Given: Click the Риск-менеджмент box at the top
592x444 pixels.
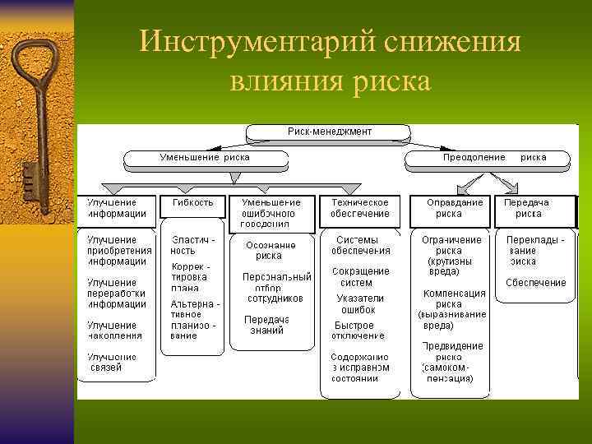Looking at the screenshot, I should [x=329, y=132].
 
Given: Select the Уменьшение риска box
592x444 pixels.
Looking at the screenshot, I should [x=205, y=157].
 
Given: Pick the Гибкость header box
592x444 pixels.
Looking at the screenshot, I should [x=193, y=203].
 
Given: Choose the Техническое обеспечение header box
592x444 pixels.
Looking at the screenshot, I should [x=360, y=208].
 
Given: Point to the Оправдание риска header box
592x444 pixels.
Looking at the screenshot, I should [x=449, y=208].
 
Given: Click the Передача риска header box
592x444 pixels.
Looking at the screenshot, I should [x=528, y=208].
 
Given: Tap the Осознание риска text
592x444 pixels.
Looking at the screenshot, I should [x=269, y=250].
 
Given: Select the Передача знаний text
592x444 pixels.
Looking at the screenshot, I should [x=266, y=325].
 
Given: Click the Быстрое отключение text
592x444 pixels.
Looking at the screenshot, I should [x=358, y=330].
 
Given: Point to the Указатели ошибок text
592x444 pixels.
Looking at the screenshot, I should [x=360, y=304].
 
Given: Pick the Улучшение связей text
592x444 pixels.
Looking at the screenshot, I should [x=113, y=362].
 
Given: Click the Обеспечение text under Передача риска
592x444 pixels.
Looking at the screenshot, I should [x=535, y=283].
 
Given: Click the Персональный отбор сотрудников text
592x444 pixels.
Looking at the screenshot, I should [x=276, y=288].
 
